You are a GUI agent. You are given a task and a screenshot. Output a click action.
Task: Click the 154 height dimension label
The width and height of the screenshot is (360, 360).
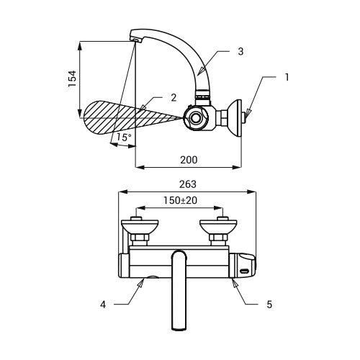(x=72, y=78)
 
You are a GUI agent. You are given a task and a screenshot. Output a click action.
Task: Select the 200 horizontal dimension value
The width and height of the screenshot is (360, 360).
(x=189, y=160)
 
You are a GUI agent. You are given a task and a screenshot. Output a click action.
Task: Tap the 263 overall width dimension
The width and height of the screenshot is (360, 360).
(x=188, y=184)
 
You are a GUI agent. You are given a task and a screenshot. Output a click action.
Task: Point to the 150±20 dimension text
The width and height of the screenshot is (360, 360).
(x=180, y=200)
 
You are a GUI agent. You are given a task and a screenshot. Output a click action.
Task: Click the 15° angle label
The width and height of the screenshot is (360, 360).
(x=124, y=138)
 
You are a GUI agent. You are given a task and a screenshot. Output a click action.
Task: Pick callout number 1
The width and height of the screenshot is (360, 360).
(x=287, y=77)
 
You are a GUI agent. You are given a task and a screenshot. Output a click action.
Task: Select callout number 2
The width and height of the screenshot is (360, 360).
(x=174, y=97)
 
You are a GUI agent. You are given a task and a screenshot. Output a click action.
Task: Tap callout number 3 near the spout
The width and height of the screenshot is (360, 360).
(x=240, y=51)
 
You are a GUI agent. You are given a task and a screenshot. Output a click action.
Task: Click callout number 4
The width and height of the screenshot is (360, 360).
(x=103, y=305)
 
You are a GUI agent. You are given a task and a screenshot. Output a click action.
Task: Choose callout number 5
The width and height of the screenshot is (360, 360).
(x=269, y=305)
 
